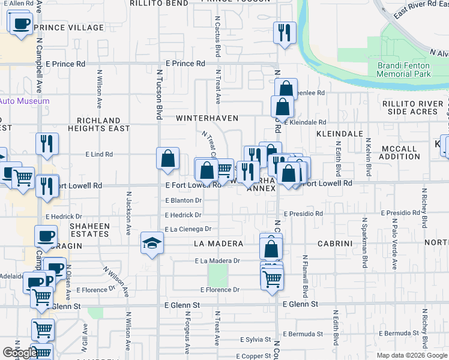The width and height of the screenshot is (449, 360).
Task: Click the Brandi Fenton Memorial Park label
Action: (403, 70)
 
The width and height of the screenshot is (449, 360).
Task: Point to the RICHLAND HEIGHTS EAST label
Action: (98, 124)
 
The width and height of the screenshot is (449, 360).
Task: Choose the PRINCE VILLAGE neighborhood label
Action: (68, 28)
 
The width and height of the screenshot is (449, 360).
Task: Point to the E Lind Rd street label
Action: (99, 154)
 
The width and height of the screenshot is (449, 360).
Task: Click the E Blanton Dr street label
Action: (183, 200)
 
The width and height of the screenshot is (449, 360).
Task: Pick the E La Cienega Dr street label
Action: (188, 229)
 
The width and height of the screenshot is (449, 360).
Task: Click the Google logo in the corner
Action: (20, 353)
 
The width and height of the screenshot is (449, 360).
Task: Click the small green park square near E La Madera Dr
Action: (218, 275)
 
